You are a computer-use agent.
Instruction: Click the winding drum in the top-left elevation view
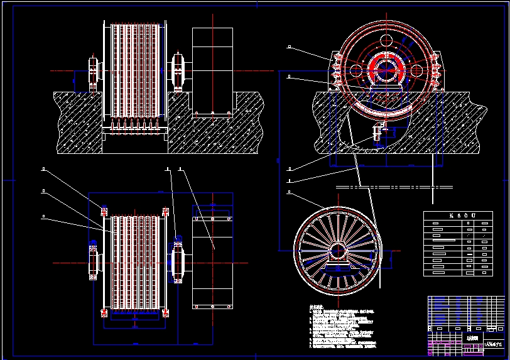(134, 70)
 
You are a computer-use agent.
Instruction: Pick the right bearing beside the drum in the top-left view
(177, 70)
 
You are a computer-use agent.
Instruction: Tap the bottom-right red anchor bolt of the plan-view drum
(166, 312)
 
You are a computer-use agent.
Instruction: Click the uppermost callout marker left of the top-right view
(288, 46)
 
